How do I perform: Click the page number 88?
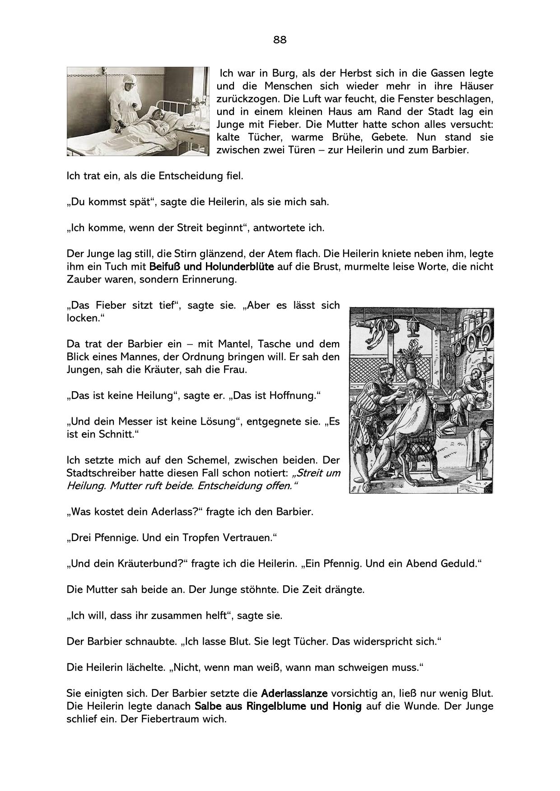280,40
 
